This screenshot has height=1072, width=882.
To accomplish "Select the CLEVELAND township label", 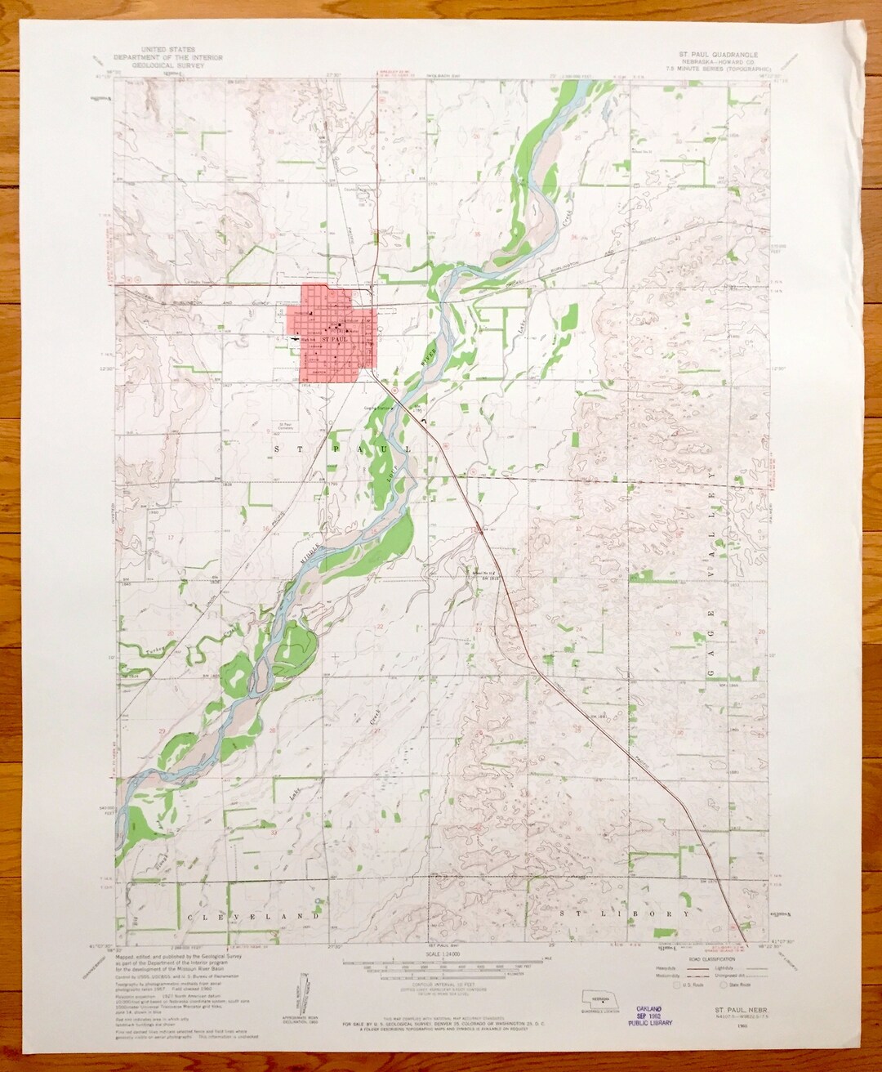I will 252,917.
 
